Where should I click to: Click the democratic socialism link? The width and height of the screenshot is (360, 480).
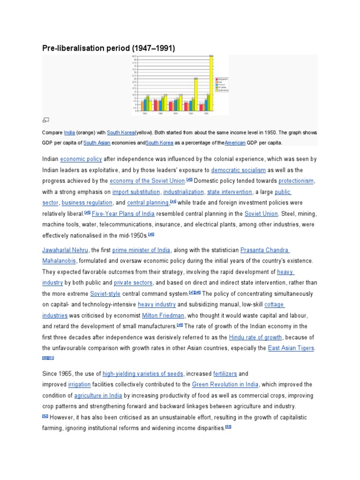pyautogui.click(x=238, y=170)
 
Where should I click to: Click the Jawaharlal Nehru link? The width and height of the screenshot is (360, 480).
pyautogui.click(x=65, y=250)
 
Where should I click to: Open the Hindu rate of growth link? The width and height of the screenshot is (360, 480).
pyautogui.click(x=255, y=337)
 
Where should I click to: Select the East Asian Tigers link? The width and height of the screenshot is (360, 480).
pyautogui.click(x=291, y=348)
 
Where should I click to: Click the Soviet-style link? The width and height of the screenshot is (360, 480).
pyautogui.click(x=105, y=293)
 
